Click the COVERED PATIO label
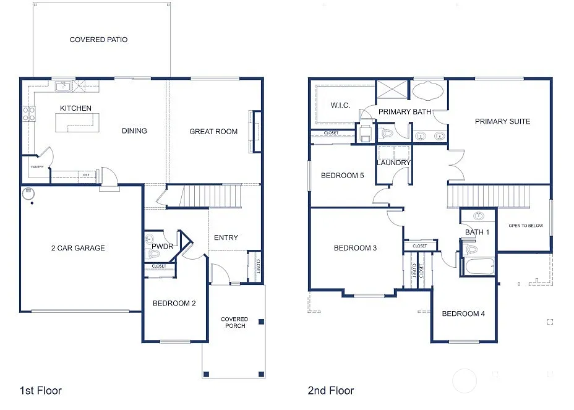click(x=98, y=40)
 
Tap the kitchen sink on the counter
click(x=62, y=87)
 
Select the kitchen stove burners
click(x=28, y=114)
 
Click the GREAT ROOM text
click(x=213, y=131)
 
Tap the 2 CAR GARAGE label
click(x=78, y=248)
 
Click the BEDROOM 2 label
click(x=174, y=303)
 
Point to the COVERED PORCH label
click(x=234, y=322)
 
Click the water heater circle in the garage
click(x=27, y=193)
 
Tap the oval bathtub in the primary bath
click(x=427, y=92)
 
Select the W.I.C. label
click(x=340, y=105)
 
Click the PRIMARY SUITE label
click(x=502, y=121)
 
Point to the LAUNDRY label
click(x=393, y=163)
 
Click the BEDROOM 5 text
click(x=342, y=176)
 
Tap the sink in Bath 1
click(x=478, y=216)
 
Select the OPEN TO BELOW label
click(x=525, y=225)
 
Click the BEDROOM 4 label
click(x=463, y=314)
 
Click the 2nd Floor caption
click(x=331, y=390)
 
